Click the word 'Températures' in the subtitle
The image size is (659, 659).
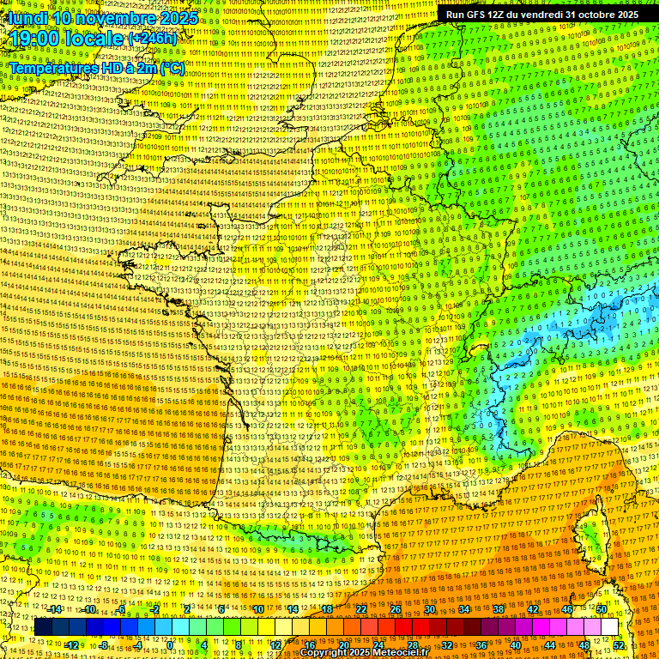(x=52, y=67)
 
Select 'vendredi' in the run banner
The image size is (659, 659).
(x=537, y=15)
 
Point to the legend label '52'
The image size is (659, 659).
(x=619, y=644)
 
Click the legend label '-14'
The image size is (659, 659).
(x=56, y=609)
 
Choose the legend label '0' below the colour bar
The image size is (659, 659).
(x=170, y=644)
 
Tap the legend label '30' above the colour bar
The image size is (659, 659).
(x=430, y=609)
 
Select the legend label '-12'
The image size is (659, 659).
(x=72, y=644)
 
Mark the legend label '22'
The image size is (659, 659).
(x=361, y=609)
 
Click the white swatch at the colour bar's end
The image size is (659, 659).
(x=609, y=627)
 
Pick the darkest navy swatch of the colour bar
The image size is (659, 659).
(x=43, y=627)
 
